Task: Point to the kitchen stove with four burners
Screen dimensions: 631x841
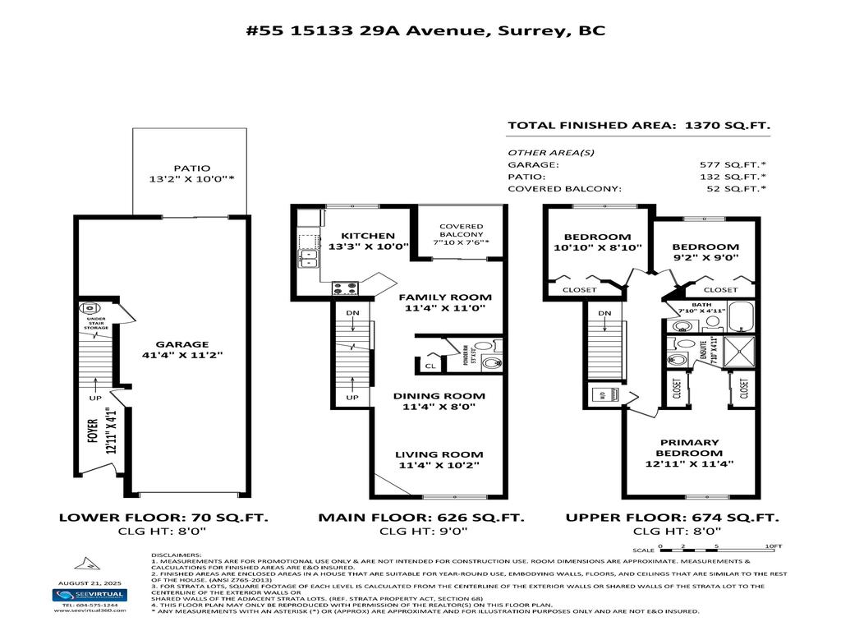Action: (345, 288)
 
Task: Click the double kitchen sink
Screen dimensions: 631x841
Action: (309, 259)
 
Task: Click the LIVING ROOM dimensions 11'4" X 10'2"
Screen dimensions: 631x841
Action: (439, 466)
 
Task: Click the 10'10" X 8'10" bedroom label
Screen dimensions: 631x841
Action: (597, 247)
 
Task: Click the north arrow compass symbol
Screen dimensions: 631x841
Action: (84, 565)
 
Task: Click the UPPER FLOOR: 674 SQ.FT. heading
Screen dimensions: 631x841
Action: (672, 518)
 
